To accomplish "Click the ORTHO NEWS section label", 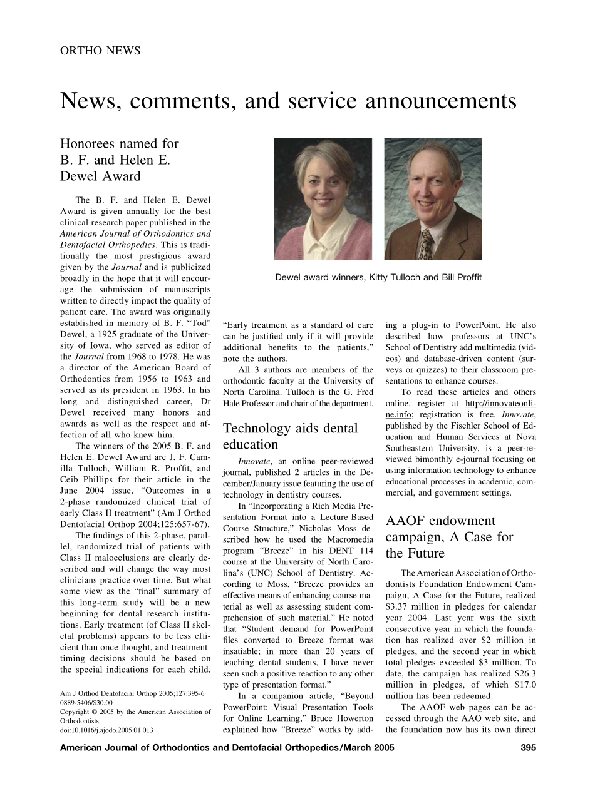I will point(100,51).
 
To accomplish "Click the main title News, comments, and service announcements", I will point(288,101).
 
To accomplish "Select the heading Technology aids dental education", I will point(291,436).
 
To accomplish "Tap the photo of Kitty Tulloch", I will point(323,199).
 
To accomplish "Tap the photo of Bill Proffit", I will point(433,199).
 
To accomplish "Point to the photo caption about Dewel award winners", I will point(378,277).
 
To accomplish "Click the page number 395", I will point(528,747).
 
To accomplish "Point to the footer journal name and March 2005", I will point(227,747).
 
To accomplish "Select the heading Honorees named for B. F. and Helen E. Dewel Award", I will point(120,160).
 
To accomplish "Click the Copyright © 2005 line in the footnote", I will point(135,712).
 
